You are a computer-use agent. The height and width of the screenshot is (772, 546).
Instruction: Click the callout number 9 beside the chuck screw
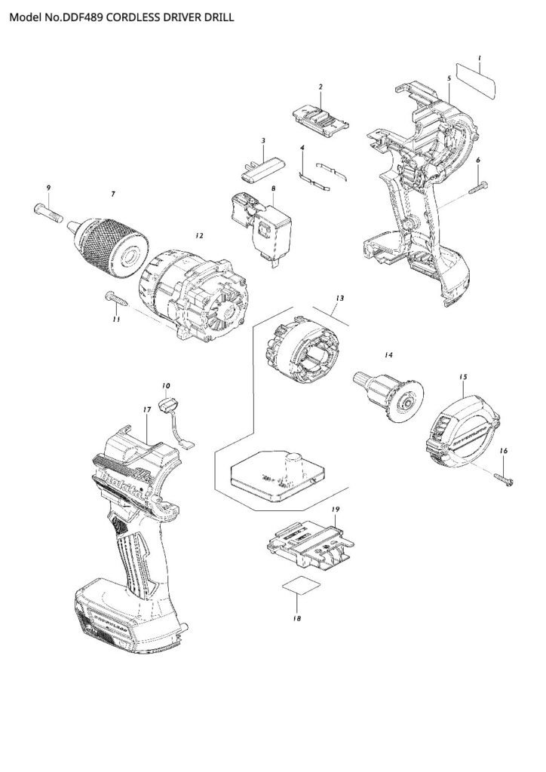(x=48, y=187)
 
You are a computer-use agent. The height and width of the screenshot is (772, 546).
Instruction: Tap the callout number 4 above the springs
(x=302, y=149)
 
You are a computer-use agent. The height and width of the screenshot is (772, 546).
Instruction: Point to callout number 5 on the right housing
(x=448, y=78)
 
